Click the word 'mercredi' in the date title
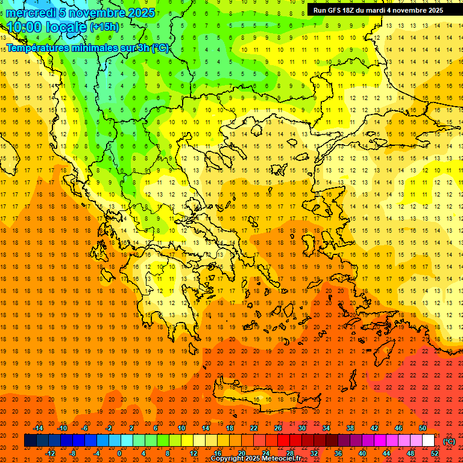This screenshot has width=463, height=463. pos(30,13)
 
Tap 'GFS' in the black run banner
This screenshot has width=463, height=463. pos(332,10)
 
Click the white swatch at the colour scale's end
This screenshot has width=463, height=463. pos(429,441)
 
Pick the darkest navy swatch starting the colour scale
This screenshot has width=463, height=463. pos(30,441)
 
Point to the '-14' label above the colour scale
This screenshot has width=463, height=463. pos(39,428)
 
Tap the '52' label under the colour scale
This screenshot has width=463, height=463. pos(435,453)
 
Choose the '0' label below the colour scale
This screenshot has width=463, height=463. pos(119,453)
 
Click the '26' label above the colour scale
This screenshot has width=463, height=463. pos(278,428)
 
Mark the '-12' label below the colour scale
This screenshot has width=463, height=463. pos(51,453)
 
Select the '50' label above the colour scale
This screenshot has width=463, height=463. pos(422,428)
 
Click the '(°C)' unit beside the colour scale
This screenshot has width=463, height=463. pos(449,441)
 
